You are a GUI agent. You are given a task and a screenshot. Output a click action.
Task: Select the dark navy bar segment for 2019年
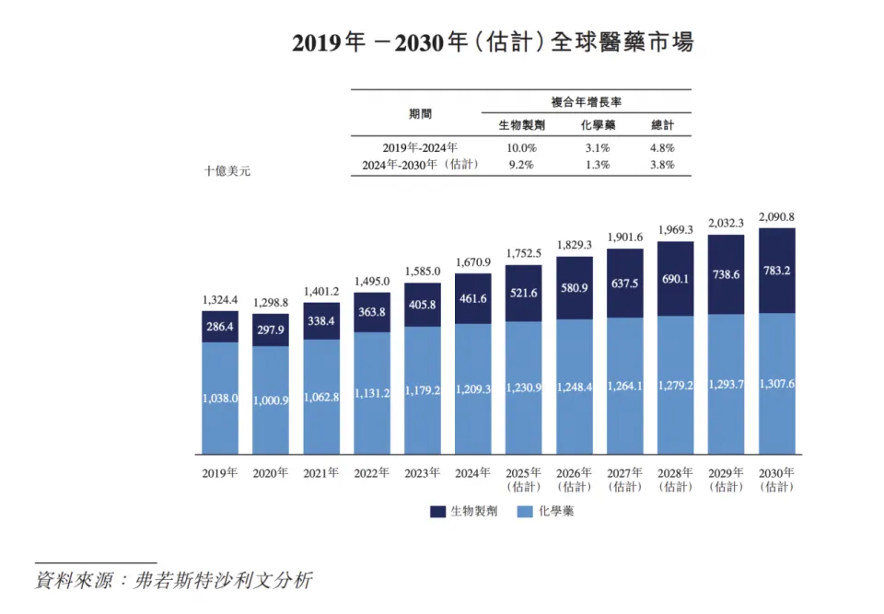[x=220, y=327]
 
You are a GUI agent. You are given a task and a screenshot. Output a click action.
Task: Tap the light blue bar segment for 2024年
[x=472, y=388]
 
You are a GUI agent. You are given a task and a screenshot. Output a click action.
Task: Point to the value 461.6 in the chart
[x=472, y=298]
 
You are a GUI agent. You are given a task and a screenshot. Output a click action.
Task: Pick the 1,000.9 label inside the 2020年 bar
[x=271, y=400]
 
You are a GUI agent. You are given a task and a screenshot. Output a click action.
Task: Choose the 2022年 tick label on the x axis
[x=372, y=473]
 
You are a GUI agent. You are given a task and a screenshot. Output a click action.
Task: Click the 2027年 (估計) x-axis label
[x=624, y=480]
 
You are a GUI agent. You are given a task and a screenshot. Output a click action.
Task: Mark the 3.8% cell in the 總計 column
[x=661, y=165]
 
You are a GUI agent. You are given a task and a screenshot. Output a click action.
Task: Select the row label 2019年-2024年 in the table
[x=420, y=147]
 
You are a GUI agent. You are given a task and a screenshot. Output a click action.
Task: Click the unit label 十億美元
[x=227, y=172]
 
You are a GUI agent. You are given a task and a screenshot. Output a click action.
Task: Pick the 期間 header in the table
[x=420, y=113]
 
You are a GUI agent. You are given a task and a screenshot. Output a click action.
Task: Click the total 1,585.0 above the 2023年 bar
[x=422, y=272]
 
